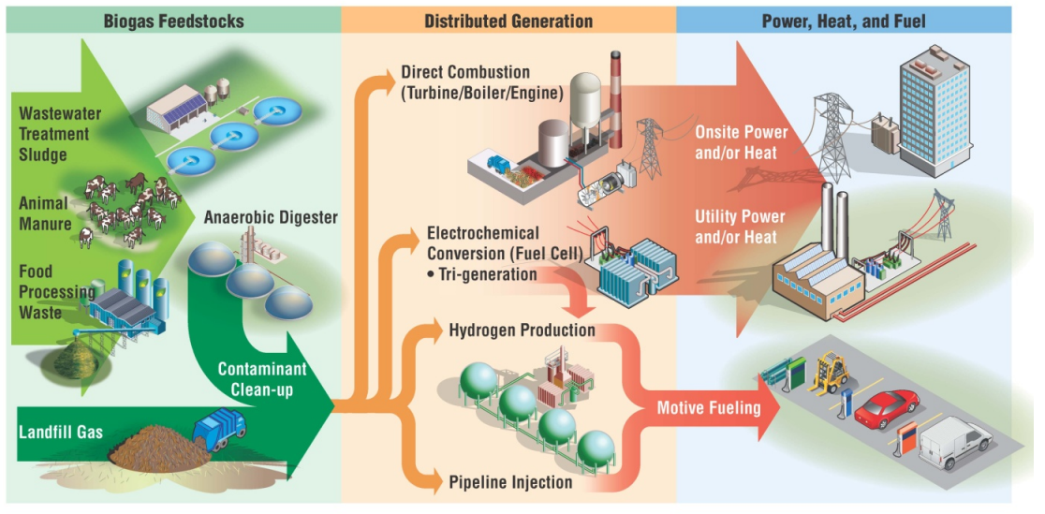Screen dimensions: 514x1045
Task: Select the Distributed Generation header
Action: pyautogui.click(x=508, y=20)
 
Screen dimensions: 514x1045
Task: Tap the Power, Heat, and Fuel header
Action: pyautogui.click(x=844, y=20)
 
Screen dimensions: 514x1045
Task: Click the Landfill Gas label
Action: pyautogui.click(x=61, y=433)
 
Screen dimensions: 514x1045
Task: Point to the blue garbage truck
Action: pyautogui.click(x=219, y=426)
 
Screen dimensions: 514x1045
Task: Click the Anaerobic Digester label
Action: pyautogui.click(x=271, y=217)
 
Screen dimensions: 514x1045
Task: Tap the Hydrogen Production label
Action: pyautogui.click(x=522, y=330)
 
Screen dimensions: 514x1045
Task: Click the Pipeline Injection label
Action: pyautogui.click(x=510, y=482)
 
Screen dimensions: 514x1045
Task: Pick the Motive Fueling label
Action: pyautogui.click(x=709, y=408)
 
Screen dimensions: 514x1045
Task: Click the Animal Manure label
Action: pyautogui.click(x=44, y=213)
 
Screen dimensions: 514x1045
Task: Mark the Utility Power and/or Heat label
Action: pyautogui.click(x=740, y=227)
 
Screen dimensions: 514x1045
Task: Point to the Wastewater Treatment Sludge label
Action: pyautogui.click(x=60, y=134)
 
